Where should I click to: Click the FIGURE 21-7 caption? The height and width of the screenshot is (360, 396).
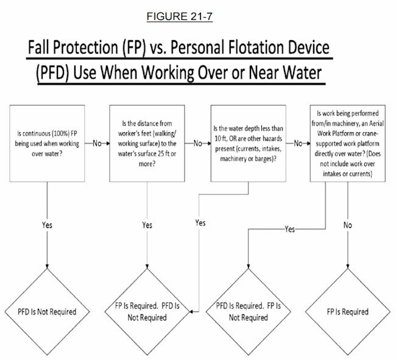(180, 16)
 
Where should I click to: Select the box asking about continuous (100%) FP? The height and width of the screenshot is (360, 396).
(47, 143)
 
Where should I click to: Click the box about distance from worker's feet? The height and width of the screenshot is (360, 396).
(147, 143)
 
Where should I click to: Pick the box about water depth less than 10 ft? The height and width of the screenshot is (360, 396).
(248, 143)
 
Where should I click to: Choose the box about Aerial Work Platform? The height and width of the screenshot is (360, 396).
(348, 143)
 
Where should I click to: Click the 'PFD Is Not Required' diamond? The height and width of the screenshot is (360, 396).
(47, 312)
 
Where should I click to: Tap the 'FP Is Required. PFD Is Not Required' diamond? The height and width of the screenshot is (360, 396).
(147, 312)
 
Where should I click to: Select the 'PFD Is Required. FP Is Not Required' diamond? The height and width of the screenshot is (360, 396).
(248, 312)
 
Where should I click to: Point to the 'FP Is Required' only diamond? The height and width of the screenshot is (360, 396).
(348, 312)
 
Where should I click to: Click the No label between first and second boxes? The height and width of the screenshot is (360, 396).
(97, 143)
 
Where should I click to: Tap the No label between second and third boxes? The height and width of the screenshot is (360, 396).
(198, 143)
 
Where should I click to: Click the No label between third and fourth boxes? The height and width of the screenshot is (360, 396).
(298, 143)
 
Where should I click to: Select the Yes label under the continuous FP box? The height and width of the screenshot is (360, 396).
(47, 225)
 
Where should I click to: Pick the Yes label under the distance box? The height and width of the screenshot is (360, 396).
(147, 225)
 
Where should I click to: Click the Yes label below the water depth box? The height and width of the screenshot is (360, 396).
(200, 223)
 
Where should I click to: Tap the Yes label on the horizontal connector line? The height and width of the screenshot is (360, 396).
(289, 229)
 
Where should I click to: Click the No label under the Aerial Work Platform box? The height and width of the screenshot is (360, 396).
(348, 225)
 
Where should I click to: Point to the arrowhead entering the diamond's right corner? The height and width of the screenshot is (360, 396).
(191, 312)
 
